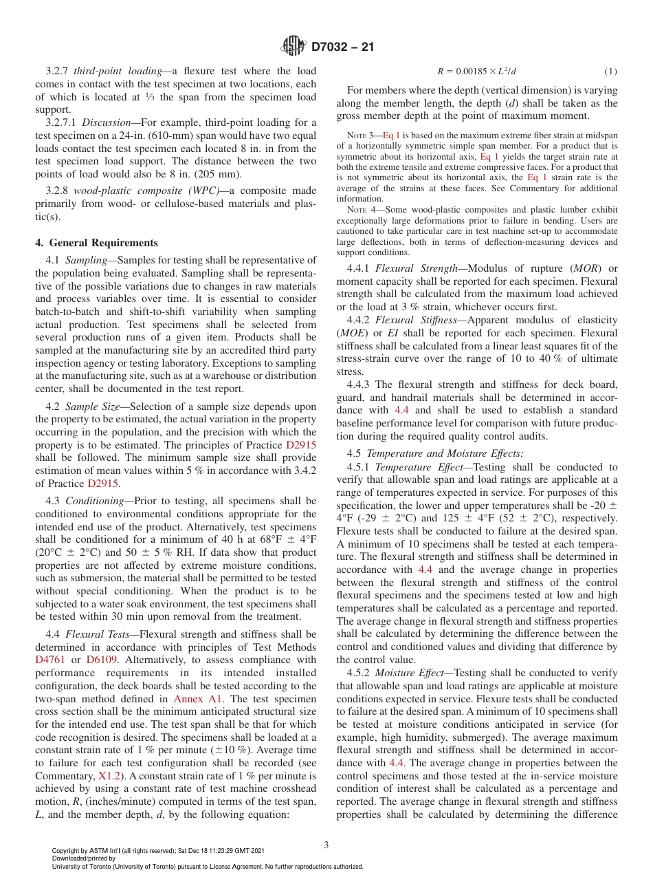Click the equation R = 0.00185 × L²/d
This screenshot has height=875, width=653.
pyautogui.click(x=476, y=72)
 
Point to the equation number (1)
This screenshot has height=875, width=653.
pyautogui.click(x=610, y=72)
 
